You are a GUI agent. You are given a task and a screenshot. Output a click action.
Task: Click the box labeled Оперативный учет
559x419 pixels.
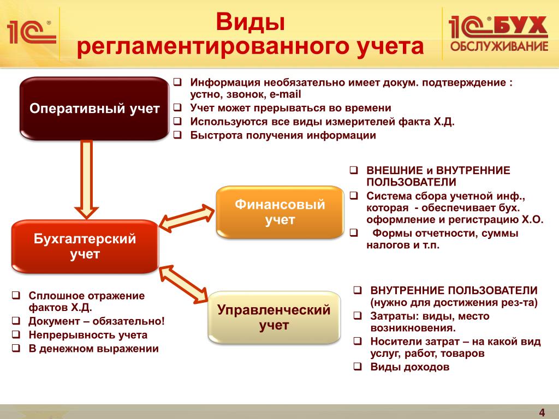94,109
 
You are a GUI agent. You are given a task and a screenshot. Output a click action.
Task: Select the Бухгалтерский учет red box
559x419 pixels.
85,246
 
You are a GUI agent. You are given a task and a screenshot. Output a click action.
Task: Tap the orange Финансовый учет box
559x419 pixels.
280,212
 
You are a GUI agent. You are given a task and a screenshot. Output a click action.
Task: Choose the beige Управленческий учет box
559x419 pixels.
274,318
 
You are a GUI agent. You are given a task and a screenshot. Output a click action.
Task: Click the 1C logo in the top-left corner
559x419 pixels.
31,32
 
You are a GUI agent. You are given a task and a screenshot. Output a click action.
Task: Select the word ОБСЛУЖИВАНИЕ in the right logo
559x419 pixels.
498,46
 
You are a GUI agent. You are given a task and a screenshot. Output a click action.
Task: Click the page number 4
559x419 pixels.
542,411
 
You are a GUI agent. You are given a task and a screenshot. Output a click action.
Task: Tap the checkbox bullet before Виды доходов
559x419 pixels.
357,367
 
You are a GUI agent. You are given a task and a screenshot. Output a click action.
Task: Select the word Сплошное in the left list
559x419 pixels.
53,296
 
